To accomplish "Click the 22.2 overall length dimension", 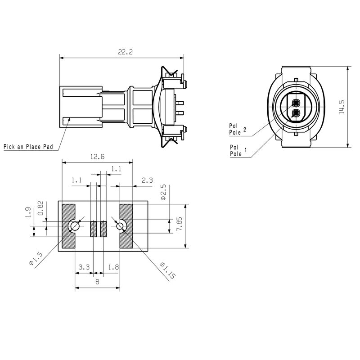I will (125, 52).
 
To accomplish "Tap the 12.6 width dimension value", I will (97, 157).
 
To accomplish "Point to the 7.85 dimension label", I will (179, 223).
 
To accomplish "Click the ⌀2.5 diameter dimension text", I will (163, 192).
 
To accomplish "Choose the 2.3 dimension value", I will (147, 180).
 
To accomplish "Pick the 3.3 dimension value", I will (84, 267).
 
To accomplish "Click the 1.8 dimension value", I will (113, 267).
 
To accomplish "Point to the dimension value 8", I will (97, 282).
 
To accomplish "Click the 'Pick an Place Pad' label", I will (28, 146).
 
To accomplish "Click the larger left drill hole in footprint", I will (73, 226).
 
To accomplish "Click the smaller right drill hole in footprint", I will (121, 226).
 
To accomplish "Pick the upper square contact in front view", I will (296, 102).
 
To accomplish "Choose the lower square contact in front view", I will (296, 113).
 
